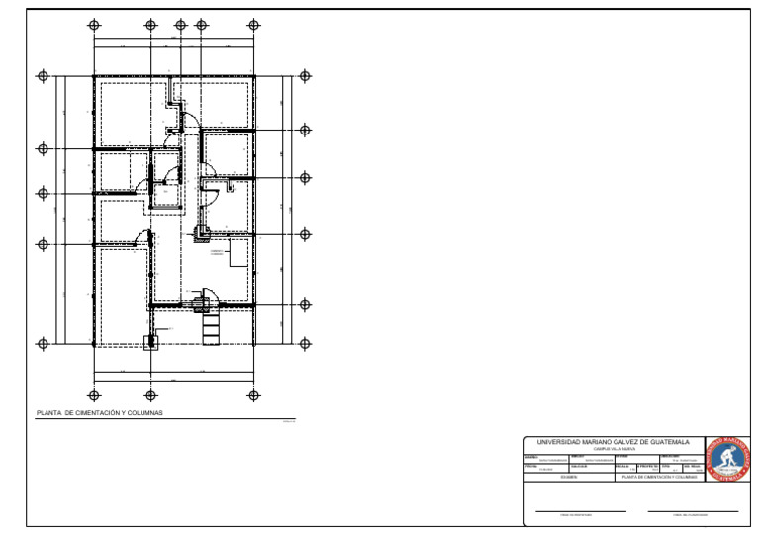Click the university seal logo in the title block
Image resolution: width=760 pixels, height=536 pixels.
point(729,458)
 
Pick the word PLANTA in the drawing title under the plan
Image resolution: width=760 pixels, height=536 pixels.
point(49,412)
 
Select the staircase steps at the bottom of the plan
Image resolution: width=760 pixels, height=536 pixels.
point(210,325)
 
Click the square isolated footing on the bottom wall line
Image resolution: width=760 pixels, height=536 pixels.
point(151,342)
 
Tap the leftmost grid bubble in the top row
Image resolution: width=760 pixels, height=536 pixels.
point(94,25)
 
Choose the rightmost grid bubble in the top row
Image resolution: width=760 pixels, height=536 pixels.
point(254,25)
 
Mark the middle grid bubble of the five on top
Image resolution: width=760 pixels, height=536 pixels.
point(180,25)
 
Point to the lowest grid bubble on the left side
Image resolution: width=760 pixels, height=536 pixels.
point(43,343)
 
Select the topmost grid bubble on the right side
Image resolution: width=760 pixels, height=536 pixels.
point(305,76)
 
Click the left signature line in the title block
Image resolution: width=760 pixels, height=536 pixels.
point(580,511)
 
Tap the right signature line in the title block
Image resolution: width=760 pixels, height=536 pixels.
point(693,511)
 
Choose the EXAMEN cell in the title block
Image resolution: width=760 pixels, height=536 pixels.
point(568,477)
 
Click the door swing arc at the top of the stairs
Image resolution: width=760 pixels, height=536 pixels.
point(205,293)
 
